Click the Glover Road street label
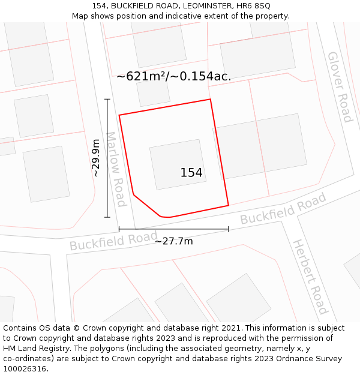pyautogui.click(x=339, y=87)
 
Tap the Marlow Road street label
pyautogui.click(x=115, y=169)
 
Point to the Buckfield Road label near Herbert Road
pyautogui.click(x=283, y=209)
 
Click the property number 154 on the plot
pyautogui.click(x=191, y=173)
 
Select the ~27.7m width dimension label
pyautogui.click(x=174, y=241)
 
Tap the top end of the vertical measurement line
pyautogui.click(x=107, y=100)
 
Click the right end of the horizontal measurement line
pyautogui.click(x=229, y=229)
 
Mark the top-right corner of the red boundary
pyautogui.click(x=210, y=100)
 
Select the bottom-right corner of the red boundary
pyautogui.click(x=229, y=205)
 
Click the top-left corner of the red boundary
pyautogui.click(x=119, y=115)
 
